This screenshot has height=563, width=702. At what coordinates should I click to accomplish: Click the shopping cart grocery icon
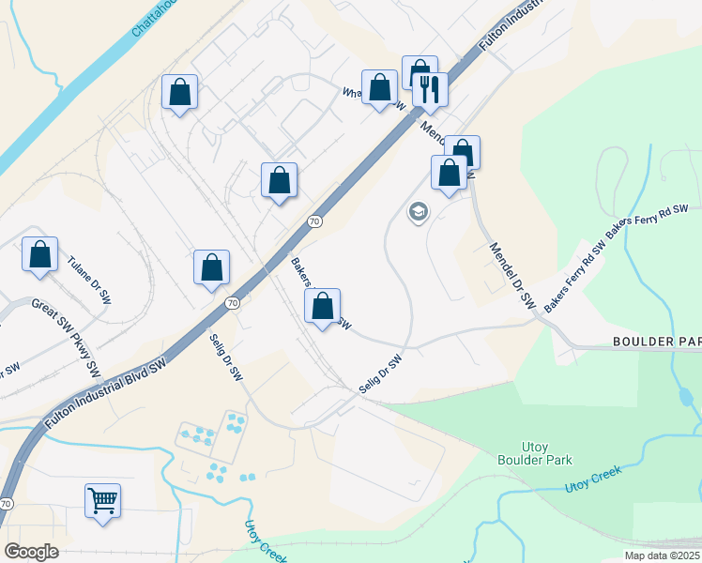coord(102,499)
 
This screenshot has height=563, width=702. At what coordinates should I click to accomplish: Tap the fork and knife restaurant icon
coord(430,89)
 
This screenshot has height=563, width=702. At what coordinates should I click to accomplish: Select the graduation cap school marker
coord(417,212)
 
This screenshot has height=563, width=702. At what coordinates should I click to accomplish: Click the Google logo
coord(31,552)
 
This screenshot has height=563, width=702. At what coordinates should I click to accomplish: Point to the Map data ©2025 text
coord(662,555)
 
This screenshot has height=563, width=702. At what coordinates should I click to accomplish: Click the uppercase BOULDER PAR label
coord(656,341)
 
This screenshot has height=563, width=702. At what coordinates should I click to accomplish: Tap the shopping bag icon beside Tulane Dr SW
coord(39,254)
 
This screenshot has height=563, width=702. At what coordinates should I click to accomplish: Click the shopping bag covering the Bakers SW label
coord(322,306)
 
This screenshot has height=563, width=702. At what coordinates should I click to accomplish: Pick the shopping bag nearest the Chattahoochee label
coord(179,92)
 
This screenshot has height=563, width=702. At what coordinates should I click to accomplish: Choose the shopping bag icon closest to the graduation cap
coord(449,173)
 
